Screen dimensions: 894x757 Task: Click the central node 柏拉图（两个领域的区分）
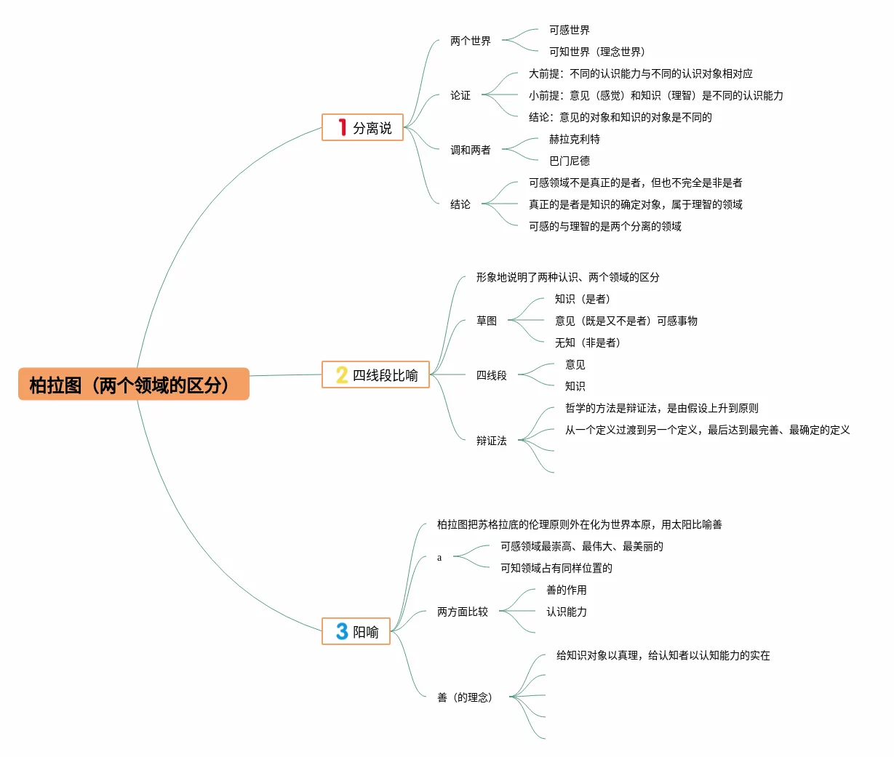[x=134, y=385]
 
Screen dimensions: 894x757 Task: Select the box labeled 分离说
[x=362, y=127]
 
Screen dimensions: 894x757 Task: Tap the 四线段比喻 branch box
[x=375, y=375]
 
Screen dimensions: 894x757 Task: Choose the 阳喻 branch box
[x=356, y=631]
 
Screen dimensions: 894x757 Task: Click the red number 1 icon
[x=342, y=127]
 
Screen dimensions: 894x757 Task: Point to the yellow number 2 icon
[x=341, y=375]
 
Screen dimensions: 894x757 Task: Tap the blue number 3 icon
[x=342, y=631]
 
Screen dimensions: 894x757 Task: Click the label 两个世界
[x=470, y=41]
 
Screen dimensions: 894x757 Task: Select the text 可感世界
[x=569, y=30]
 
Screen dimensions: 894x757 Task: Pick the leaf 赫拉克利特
[x=574, y=139]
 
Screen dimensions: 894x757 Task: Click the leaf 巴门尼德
[x=569, y=161]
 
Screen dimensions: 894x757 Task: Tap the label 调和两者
[x=470, y=150]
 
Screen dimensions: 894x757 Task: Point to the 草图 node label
[x=486, y=321]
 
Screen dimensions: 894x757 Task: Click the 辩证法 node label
[x=491, y=441]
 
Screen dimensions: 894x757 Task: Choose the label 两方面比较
[x=462, y=612]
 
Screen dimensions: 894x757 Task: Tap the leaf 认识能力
[x=566, y=612]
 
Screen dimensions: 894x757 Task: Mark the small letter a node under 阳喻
[x=439, y=558]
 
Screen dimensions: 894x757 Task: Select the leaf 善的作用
[x=566, y=590]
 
